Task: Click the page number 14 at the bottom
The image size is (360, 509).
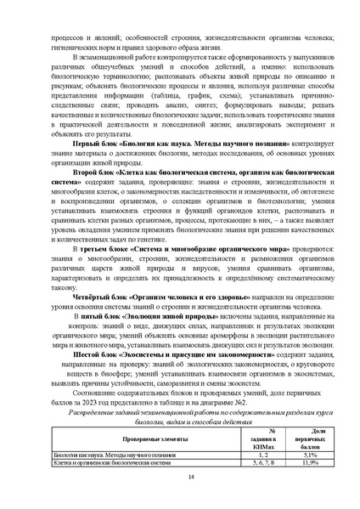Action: point(180,478)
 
